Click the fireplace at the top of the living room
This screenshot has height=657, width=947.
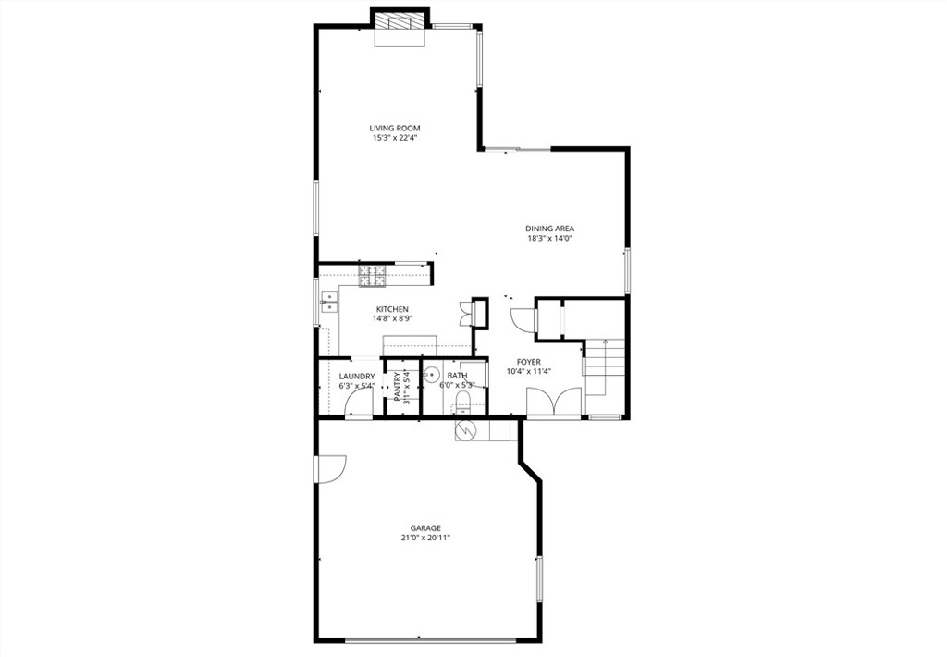tap(400, 22)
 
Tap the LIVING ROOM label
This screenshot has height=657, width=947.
tap(395, 129)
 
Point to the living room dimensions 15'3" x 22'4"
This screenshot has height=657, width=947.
tap(395, 139)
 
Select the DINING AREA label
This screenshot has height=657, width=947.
tap(550, 229)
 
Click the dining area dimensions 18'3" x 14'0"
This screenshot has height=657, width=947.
tap(550, 239)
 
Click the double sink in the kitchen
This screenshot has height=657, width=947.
tap(328, 300)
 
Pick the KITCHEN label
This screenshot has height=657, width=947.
tap(392, 309)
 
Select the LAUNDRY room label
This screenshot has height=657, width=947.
tap(357, 376)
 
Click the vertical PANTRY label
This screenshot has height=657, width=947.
tap(398, 387)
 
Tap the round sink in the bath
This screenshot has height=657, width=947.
tap(430, 375)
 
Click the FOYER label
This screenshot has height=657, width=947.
tap(529, 362)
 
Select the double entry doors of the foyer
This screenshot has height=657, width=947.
tap(554, 403)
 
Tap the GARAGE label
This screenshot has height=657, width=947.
tap(426, 528)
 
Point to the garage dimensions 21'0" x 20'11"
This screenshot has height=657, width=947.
tap(426, 539)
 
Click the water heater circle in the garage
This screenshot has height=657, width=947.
tap(465, 430)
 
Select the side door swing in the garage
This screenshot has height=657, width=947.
tap(328, 468)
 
